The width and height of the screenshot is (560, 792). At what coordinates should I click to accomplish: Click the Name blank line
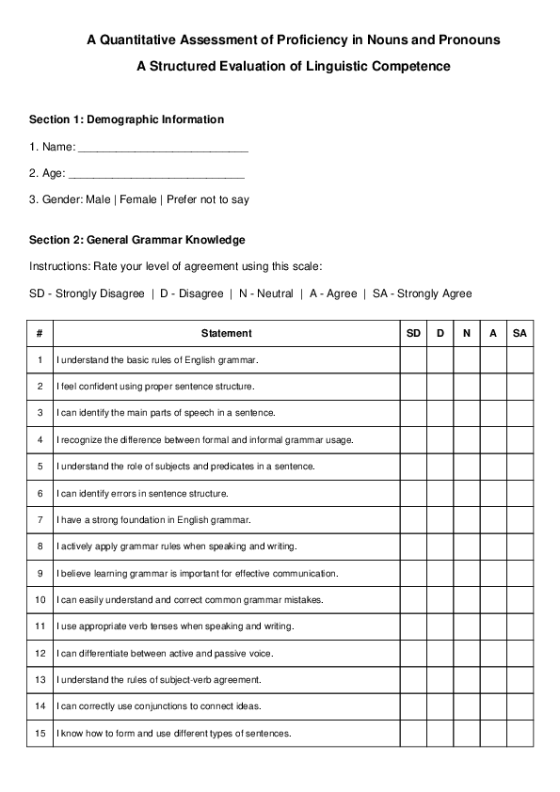pos(163,148)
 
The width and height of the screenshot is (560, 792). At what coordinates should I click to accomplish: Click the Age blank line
pos(157,174)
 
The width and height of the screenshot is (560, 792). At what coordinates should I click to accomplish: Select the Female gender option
pos(137,199)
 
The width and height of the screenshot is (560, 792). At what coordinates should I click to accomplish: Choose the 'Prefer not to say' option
pos(208,199)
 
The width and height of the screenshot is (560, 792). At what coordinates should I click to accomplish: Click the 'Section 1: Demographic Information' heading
pos(126,119)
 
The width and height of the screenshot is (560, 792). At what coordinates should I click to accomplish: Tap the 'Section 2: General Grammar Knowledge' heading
pos(137,240)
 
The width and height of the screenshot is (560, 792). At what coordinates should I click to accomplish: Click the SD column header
pos(414,333)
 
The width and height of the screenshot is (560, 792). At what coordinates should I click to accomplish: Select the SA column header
pos(520,333)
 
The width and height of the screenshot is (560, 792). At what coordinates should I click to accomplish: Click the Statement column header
pos(227,333)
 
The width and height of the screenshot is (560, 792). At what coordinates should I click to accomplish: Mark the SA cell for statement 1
pos(520,360)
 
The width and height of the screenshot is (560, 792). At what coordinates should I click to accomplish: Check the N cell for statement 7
pos(467,519)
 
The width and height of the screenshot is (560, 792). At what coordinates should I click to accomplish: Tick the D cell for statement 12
pos(440,653)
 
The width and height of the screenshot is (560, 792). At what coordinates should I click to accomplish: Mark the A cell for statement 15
pos(493,733)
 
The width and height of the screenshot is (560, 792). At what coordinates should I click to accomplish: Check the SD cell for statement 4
pos(414,439)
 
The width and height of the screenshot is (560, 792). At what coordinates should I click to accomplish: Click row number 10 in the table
pos(40,599)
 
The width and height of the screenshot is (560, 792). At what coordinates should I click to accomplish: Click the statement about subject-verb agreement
pos(172,679)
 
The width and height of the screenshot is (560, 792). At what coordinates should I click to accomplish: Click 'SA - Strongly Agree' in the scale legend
pos(423,293)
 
